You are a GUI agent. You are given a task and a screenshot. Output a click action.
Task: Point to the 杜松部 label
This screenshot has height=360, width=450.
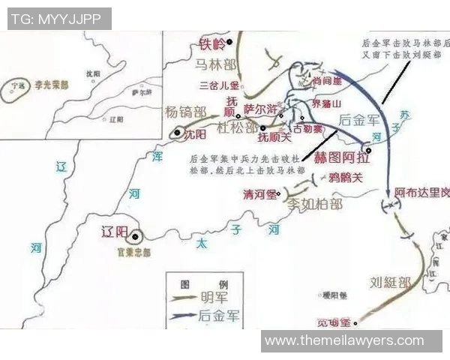click(237, 127)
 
